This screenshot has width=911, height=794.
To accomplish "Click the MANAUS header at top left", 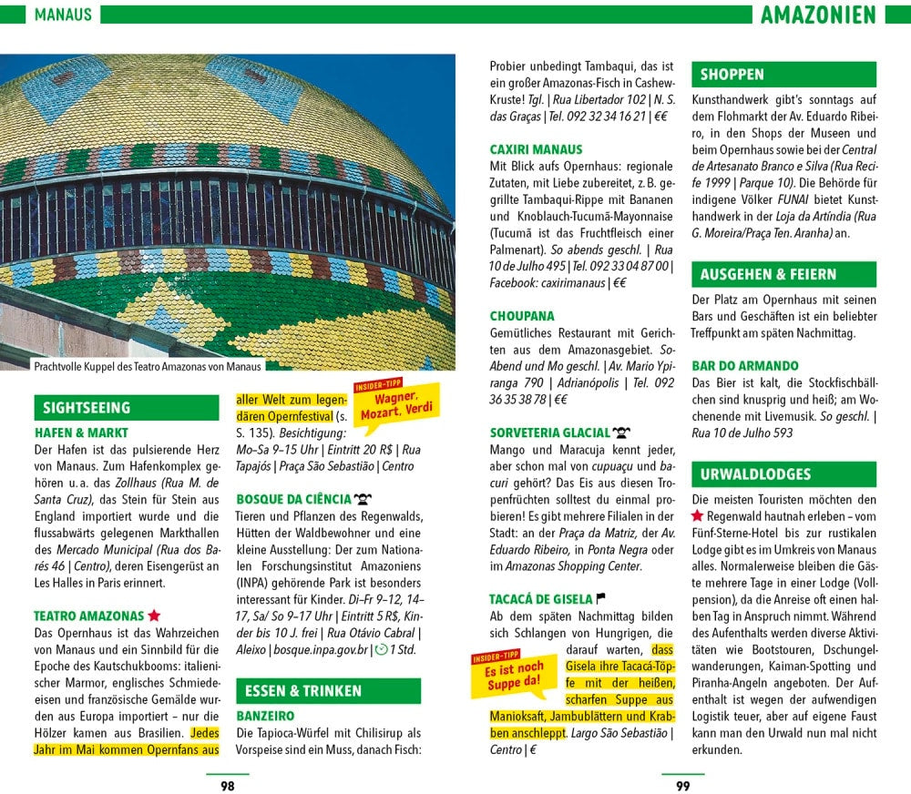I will (63, 15).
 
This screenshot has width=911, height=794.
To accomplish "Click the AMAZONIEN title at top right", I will (817, 15).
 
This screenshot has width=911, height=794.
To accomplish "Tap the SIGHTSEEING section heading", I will (87, 408).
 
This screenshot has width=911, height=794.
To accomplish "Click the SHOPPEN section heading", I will (732, 75).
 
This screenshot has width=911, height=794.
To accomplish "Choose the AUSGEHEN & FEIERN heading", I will (768, 274).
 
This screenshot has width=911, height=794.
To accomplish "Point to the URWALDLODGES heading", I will (755, 474).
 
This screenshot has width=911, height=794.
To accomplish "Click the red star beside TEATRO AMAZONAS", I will (155, 616).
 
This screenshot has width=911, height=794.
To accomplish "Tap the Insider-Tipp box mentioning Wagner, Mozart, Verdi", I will (396, 402).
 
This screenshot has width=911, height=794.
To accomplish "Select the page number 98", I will (228, 785).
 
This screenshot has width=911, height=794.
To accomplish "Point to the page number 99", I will (682, 785).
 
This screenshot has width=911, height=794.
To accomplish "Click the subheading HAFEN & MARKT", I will (81, 433).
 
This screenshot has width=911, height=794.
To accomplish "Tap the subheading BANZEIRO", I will (265, 717).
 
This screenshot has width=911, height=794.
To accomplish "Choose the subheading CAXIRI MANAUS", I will (536, 149).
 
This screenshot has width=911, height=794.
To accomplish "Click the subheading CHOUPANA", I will (522, 317).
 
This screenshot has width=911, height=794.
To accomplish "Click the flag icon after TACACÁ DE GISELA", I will (600, 598).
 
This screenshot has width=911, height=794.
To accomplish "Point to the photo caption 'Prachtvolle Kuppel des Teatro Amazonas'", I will (148, 366).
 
